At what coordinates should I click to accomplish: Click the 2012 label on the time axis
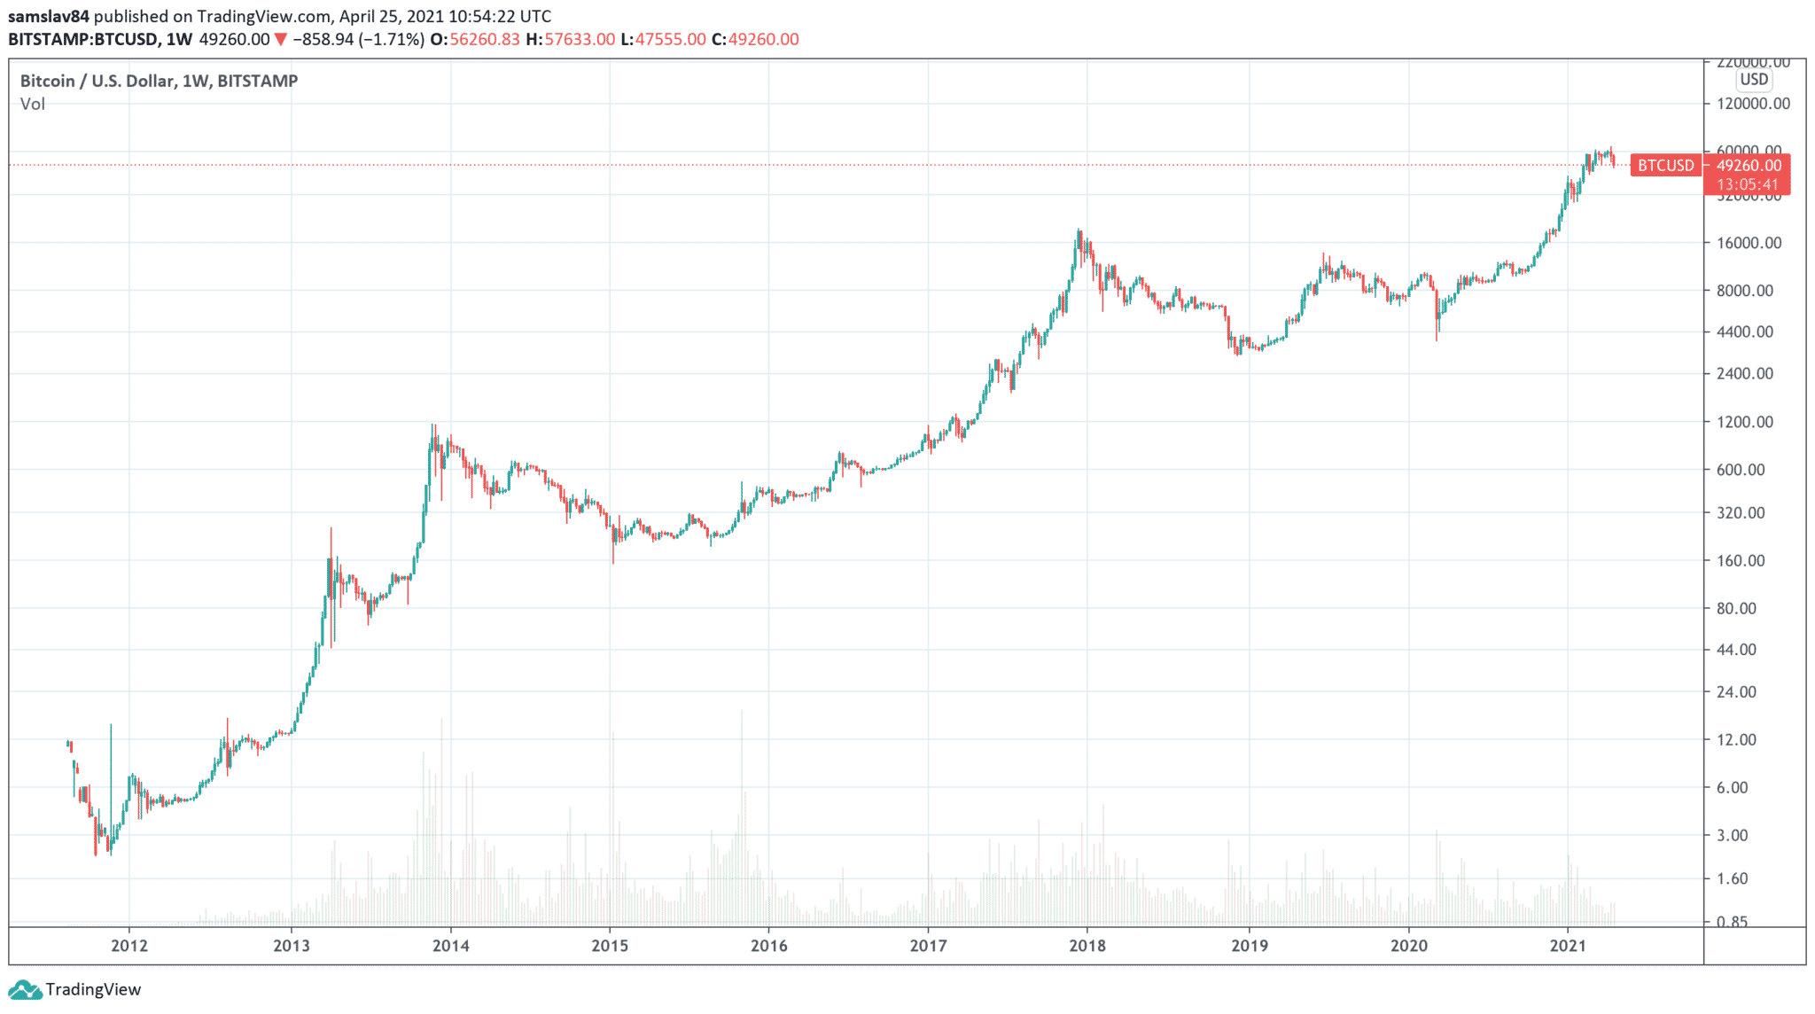click(x=129, y=946)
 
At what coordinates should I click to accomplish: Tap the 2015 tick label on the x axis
click(x=610, y=946)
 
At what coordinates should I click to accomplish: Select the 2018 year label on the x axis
click(x=1087, y=946)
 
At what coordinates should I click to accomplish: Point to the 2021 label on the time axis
click(x=1568, y=946)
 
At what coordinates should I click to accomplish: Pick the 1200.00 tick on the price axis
click(x=1745, y=422)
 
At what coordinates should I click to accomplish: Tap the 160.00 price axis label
click(x=1741, y=560)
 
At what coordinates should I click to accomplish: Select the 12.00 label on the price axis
click(x=1736, y=739)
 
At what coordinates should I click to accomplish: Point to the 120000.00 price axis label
click(x=1753, y=104)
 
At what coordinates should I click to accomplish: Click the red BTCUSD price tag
click(x=1665, y=166)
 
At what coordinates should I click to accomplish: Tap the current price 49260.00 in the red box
click(x=1749, y=166)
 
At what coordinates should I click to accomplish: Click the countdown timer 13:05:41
click(x=1747, y=184)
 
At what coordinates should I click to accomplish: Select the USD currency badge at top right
click(x=1754, y=80)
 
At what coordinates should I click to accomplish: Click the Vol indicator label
click(x=33, y=104)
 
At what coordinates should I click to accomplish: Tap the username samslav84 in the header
click(x=49, y=16)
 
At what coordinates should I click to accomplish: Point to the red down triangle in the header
click(x=281, y=39)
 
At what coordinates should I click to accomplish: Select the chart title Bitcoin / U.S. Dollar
click(x=97, y=81)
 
